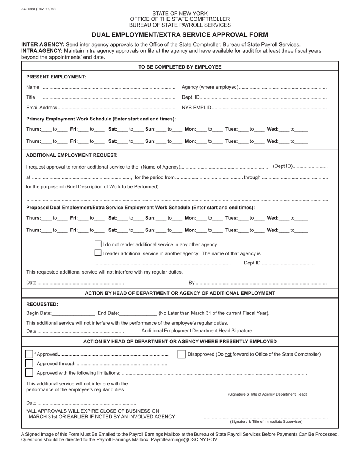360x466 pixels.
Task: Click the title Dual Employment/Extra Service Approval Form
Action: click(x=180, y=35)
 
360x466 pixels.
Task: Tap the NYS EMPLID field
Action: click(x=269, y=108)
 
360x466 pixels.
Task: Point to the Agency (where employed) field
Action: click(x=282, y=88)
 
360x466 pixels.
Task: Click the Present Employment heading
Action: click(x=56, y=77)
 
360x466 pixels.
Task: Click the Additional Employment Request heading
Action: click(x=72, y=155)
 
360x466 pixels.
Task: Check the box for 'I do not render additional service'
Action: click(x=98, y=244)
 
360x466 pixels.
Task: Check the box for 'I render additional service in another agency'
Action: click(x=98, y=253)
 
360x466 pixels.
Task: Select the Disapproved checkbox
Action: click(x=182, y=354)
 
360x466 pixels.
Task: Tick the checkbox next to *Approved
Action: click(x=29, y=354)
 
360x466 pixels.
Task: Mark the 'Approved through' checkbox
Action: click(x=29, y=363)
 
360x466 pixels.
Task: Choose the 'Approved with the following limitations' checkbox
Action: click(x=29, y=372)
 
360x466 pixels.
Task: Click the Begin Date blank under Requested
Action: click(x=73, y=313)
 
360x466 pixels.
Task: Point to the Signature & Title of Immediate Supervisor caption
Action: click(x=266, y=422)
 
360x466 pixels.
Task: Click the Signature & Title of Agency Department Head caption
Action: click(x=268, y=394)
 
